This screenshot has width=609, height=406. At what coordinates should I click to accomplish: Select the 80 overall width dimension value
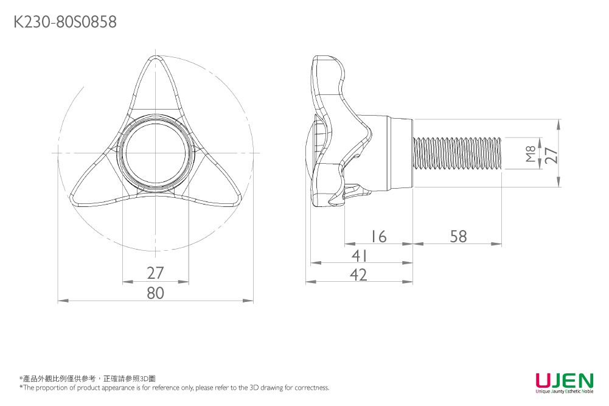click(x=156, y=293)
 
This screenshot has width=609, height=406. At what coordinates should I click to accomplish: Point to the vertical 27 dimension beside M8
click(x=551, y=153)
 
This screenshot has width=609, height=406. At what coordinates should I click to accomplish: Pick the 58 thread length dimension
click(x=458, y=236)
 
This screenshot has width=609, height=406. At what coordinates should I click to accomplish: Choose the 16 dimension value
click(x=378, y=236)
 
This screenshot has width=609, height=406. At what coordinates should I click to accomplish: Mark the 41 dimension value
click(x=359, y=256)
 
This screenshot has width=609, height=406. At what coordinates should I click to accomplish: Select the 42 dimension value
click(x=359, y=275)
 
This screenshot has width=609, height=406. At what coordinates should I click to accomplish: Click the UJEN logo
click(x=563, y=380)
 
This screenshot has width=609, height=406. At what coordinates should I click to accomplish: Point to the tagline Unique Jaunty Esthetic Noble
click(x=564, y=391)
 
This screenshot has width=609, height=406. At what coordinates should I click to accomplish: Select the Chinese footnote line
click(x=88, y=379)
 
